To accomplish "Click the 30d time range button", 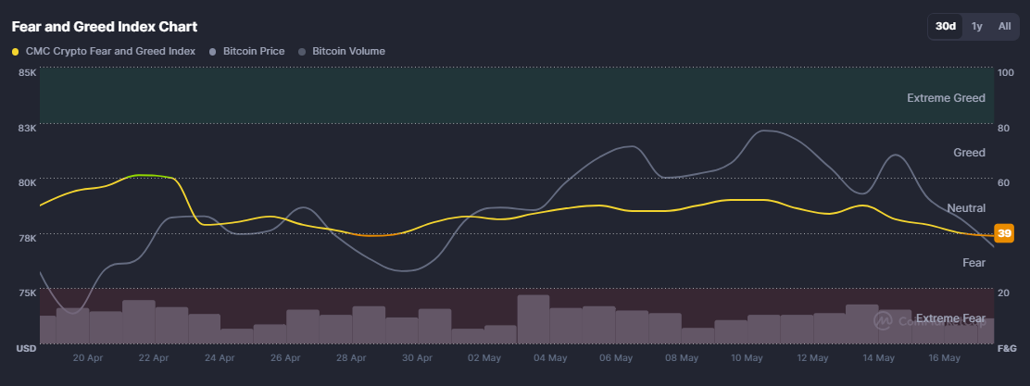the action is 946,26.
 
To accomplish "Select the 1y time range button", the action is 977,26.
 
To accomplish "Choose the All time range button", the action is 1004,26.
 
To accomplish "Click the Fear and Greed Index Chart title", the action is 105,27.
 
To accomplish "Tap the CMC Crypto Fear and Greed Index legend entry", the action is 104,51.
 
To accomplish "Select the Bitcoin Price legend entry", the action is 246,51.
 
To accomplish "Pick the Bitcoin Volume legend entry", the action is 342,51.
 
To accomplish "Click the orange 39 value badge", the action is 1004,233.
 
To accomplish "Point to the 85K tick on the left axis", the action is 27,72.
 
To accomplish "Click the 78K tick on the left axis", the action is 27,238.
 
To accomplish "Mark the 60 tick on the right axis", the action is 1002,182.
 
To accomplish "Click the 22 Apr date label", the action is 154,358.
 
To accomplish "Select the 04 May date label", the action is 550,358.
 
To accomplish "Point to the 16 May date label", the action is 945,358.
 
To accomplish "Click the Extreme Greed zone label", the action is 946,98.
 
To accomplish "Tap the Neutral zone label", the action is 966,208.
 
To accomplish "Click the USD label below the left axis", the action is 26,348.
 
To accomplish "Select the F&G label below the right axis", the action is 1006,348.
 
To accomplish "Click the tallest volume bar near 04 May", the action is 534,319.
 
